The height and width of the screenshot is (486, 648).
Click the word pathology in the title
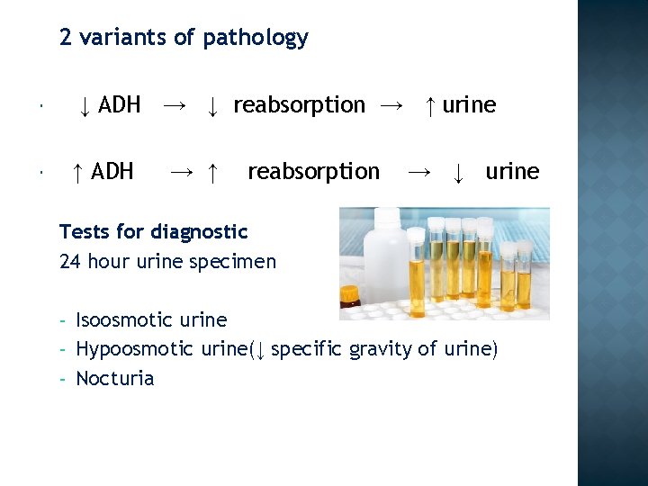256,38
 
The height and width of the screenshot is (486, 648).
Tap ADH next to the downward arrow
120,105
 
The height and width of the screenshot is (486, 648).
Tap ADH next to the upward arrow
112,171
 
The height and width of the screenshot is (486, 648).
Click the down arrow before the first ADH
83,106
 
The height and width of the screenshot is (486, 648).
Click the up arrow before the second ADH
78,171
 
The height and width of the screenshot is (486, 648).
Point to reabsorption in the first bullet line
299,105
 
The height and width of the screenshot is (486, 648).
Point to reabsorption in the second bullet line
313,171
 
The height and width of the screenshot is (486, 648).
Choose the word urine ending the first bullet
469,105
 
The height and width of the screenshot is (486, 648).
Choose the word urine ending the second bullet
512,171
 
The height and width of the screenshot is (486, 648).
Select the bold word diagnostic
199,231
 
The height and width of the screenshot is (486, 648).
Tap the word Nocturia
115,378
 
